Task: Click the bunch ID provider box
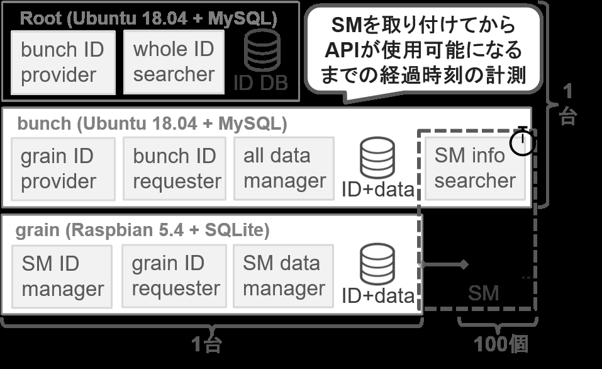pos(63,62)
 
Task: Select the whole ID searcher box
pos(174,62)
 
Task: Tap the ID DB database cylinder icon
pos(262,50)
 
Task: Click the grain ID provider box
pos(63,169)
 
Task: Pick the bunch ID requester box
pos(174,168)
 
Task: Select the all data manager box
pos(284,168)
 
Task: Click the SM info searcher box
pos(475,168)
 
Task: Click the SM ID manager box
pos(62,276)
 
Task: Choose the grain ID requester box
pos(174,276)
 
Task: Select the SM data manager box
pos(283,276)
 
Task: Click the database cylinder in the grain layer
pos(377,264)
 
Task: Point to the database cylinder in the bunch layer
pos(377,157)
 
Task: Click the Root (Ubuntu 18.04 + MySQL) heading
pos(148,18)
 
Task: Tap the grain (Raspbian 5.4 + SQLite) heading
pos(142,230)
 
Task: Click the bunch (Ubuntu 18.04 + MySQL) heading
pos(152,124)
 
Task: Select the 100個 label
pos(501,344)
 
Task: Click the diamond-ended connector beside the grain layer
pos(443,264)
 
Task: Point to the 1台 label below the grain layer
pos(206,344)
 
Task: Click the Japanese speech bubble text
pos(423,50)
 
